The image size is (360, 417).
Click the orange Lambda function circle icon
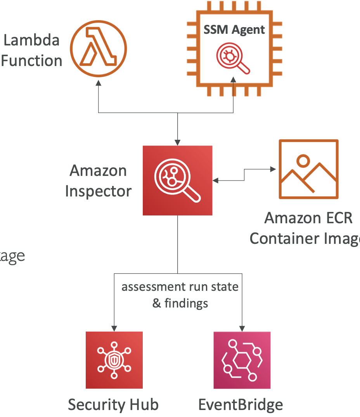[x=99, y=49]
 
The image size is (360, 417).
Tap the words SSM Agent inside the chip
[x=234, y=30]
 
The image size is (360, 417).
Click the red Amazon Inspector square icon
[x=177, y=181]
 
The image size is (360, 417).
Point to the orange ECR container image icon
[x=308, y=169]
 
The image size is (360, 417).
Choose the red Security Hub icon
[x=114, y=360]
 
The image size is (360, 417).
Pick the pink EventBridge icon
[x=242, y=360]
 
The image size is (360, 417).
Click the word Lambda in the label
[x=31, y=40]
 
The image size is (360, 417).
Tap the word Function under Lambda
[x=31, y=61]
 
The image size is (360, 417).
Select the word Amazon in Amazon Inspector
[x=98, y=171]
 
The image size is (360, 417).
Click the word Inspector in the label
[x=98, y=191]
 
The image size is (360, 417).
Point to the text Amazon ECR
[x=308, y=218]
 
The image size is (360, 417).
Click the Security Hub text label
[x=113, y=405]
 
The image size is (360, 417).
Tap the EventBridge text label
[x=241, y=405]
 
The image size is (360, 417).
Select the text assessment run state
[x=180, y=287]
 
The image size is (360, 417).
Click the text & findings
[x=180, y=303]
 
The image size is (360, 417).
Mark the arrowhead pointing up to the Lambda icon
[x=99, y=83]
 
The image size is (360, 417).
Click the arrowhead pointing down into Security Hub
[x=114, y=327]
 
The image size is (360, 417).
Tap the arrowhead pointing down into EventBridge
[x=242, y=327]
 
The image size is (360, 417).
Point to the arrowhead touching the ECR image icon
[x=273, y=169]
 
